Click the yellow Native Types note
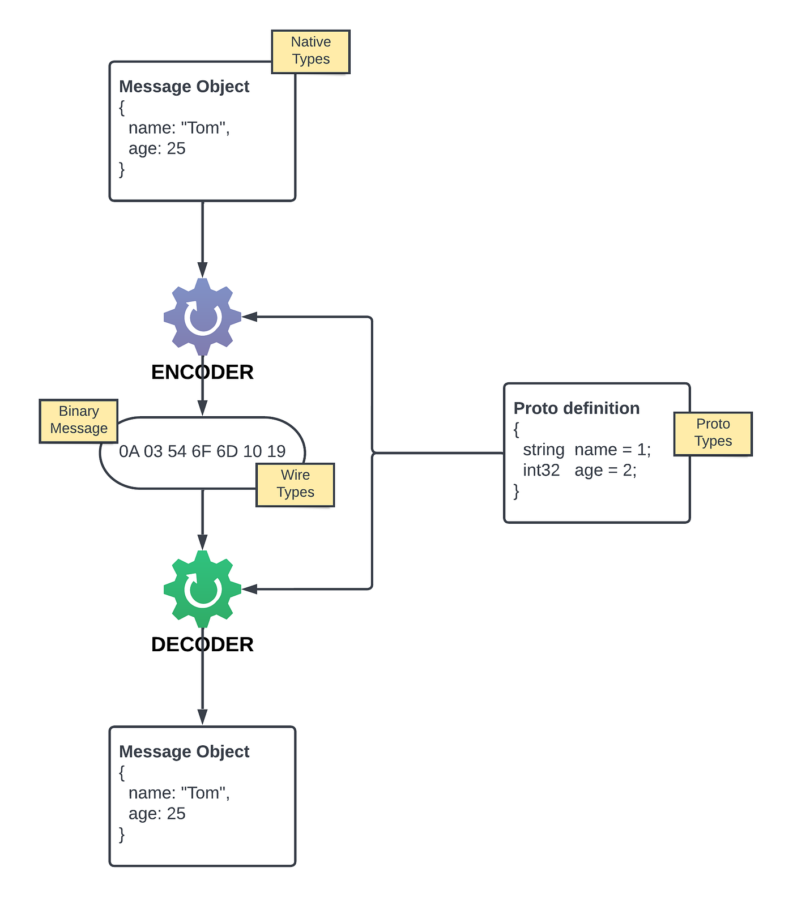pos(310,52)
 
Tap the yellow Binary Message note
pos(78,421)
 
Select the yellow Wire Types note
pos(295,485)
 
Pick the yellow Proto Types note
pos(713,434)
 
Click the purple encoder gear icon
pos(202,317)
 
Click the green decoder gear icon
pos(202,589)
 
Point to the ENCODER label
pos(202,372)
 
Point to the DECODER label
pos(202,644)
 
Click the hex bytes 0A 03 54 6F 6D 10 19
pos(202,451)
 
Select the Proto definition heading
pos(576,408)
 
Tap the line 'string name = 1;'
pos(586,450)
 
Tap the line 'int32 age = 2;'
pos(579,471)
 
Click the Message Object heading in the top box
pos(184,87)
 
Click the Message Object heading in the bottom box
pos(184,751)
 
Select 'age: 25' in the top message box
pos(157,148)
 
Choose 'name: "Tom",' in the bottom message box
pos(179,793)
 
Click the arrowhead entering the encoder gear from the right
pos(250,317)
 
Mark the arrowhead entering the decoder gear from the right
pos(250,589)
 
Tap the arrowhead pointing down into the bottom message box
pos(202,717)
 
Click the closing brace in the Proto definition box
pos(516,491)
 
